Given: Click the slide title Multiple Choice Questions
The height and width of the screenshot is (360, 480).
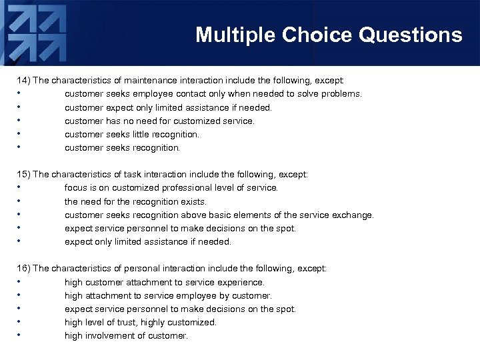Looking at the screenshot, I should [x=329, y=35].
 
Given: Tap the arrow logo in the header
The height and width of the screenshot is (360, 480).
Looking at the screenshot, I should [x=37, y=33].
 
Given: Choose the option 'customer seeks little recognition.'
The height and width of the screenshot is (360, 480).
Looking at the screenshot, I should [x=131, y=134].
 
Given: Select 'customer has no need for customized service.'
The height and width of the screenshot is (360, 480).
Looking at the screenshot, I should [x=159, y=121].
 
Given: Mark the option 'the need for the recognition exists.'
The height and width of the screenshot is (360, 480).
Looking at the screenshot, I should [x=135, y=201].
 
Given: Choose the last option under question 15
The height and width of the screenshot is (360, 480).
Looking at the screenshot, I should [x=147, y=241].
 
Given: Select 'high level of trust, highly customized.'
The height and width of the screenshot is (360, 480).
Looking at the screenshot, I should [x=140, y=322].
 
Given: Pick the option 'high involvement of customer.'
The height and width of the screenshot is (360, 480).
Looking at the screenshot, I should [x=126, y=335].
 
